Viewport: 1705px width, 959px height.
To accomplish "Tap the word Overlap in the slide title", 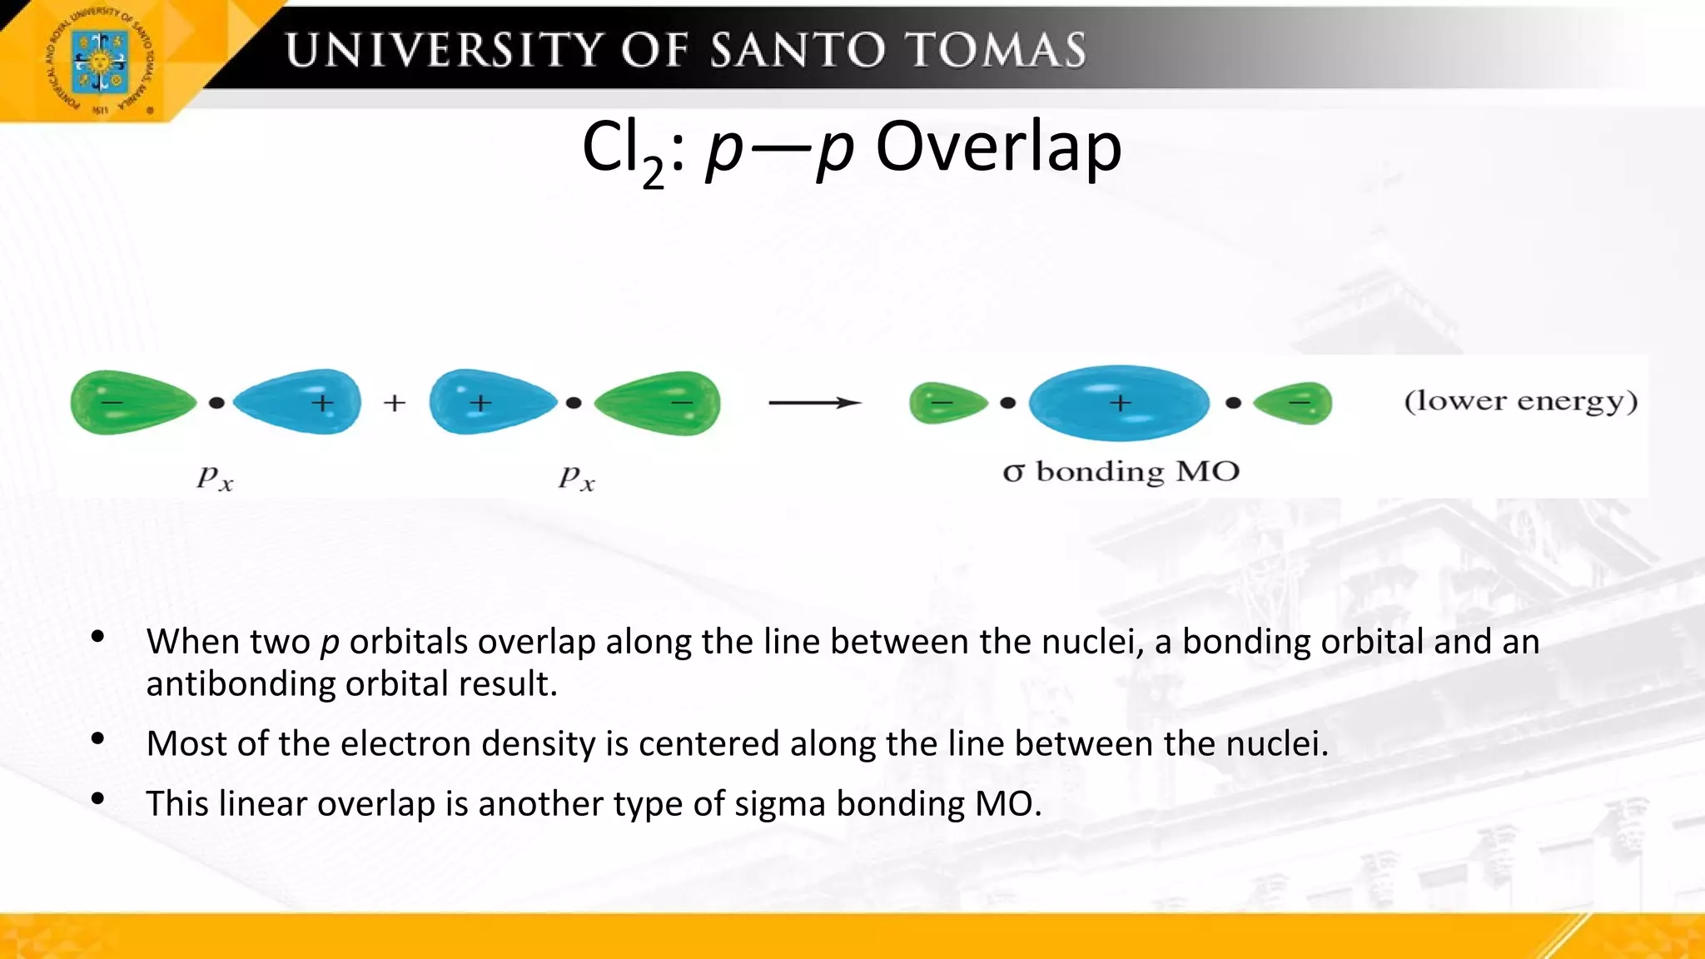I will [998, 147].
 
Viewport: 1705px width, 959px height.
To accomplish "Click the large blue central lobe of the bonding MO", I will [1119, 403].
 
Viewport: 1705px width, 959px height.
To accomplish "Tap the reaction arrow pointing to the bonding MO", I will [813, 403].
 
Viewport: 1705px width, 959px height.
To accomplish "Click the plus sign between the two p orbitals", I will [395, 403].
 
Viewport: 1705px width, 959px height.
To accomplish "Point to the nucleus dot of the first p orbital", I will [216, 403].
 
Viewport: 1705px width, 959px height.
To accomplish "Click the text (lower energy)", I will [1520, 401].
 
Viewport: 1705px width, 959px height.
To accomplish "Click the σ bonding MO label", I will [1121, 472].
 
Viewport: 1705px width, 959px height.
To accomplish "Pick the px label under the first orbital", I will [215, 478].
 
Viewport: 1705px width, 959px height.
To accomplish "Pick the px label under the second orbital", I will [576, 478].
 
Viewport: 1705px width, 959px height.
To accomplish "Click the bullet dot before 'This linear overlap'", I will [98, 799].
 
